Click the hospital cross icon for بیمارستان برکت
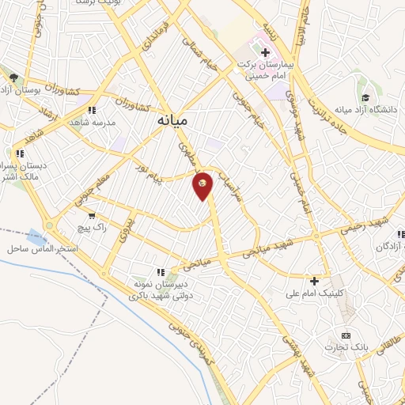point(265,52)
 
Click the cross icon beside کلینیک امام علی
point(314,280)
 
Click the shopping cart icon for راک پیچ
point(93,215)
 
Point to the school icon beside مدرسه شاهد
point(92,111)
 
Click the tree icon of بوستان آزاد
point(15,77)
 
